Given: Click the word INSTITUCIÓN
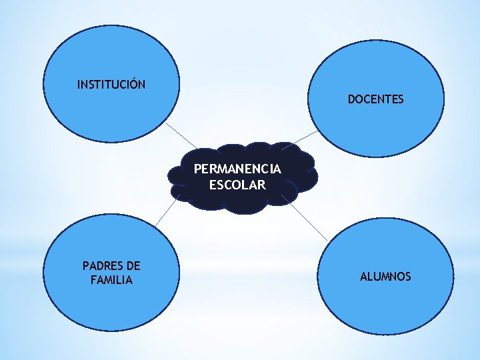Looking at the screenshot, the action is (x=111, y=85).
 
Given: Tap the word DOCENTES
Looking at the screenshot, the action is (x=375, y=99).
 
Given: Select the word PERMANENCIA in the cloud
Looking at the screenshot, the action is (x=237, y=169).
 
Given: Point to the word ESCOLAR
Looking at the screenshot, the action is (x=237, y=185).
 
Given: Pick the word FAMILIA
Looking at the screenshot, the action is (x=111, y=280).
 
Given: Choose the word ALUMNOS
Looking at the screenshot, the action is (x=385, y=276).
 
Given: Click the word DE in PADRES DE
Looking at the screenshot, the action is (x=133, y=266).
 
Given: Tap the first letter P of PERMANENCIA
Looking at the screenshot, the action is (x=197, y=169).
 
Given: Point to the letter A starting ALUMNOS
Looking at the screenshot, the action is (x=364, y=276).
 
